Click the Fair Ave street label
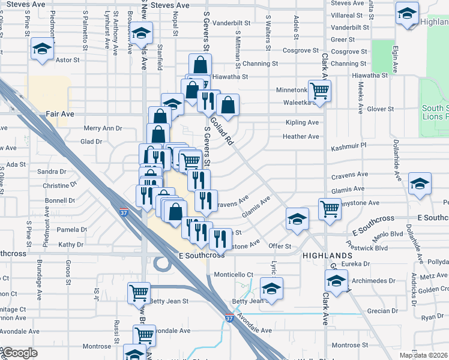(x=59, y=113)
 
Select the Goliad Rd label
(x=221, y=131)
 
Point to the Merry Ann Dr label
(x=103, y=128)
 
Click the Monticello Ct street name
(x=234, y=274)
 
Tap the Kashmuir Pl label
(x=349, y=146)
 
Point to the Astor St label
(x=68, y=60)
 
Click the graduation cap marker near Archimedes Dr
(x=336, y=280)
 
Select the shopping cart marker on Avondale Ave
(x=145, y=335)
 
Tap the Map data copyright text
(x=424, y=355)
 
